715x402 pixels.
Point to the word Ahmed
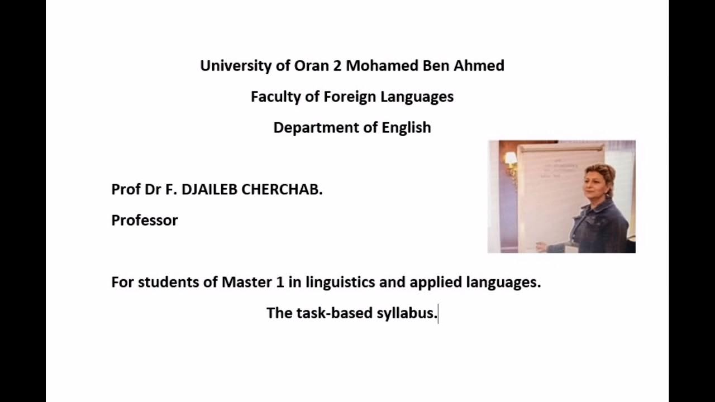coord(484,66)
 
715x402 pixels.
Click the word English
coord(406,128)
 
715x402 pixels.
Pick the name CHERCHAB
coord(282,190)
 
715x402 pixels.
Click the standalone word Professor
coord(144,221)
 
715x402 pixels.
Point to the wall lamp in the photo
coord(511,160)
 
